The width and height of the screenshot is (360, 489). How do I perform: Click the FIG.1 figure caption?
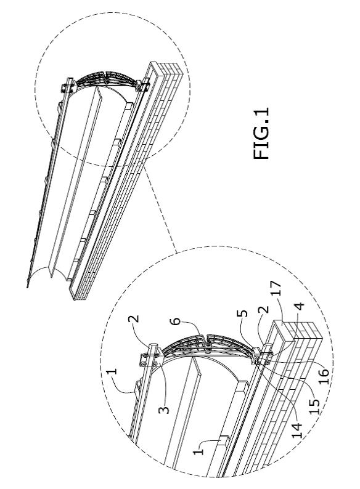tap(261, 134)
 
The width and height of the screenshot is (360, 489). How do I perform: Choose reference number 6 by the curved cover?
tap(177, 321)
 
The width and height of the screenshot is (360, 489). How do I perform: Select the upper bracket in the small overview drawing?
tap(68, 85)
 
